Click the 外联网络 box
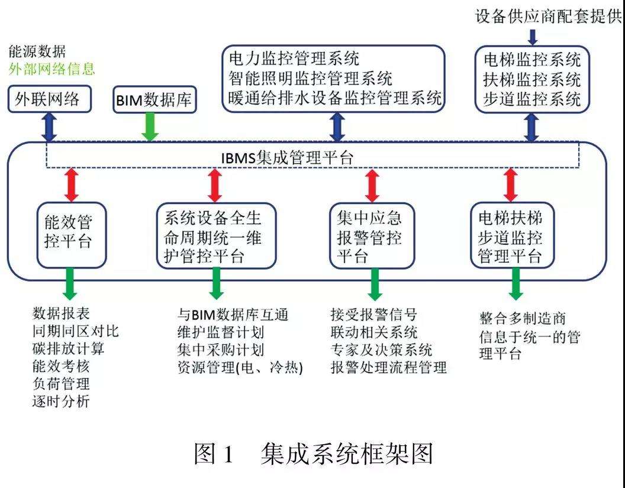50,99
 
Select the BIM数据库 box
154,99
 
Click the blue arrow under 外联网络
50,127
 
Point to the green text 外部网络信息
52,69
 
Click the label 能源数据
37,52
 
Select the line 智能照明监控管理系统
311,79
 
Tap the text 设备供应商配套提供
549,17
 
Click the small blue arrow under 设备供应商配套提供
533,37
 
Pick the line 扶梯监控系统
532,79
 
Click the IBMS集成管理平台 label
287,158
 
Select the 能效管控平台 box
72,235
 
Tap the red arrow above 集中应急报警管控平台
372,185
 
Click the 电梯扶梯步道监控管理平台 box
513,235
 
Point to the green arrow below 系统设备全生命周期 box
216,284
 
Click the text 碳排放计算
68,348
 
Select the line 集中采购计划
220,350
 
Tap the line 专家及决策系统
382,350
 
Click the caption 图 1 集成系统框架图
313,453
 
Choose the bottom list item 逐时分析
61,401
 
